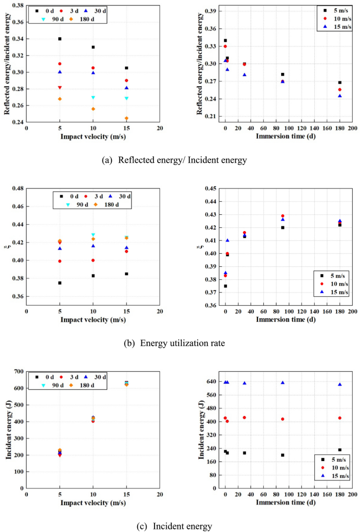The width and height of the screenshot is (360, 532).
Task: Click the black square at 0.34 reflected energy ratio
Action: point(60,39)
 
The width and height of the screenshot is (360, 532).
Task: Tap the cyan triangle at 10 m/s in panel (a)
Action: point(93,98)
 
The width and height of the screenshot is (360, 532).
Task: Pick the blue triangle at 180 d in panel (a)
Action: point(340,96)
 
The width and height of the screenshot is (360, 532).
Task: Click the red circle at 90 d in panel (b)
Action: point(283,216)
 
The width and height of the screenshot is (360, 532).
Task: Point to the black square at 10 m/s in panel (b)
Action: point(93,276)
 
